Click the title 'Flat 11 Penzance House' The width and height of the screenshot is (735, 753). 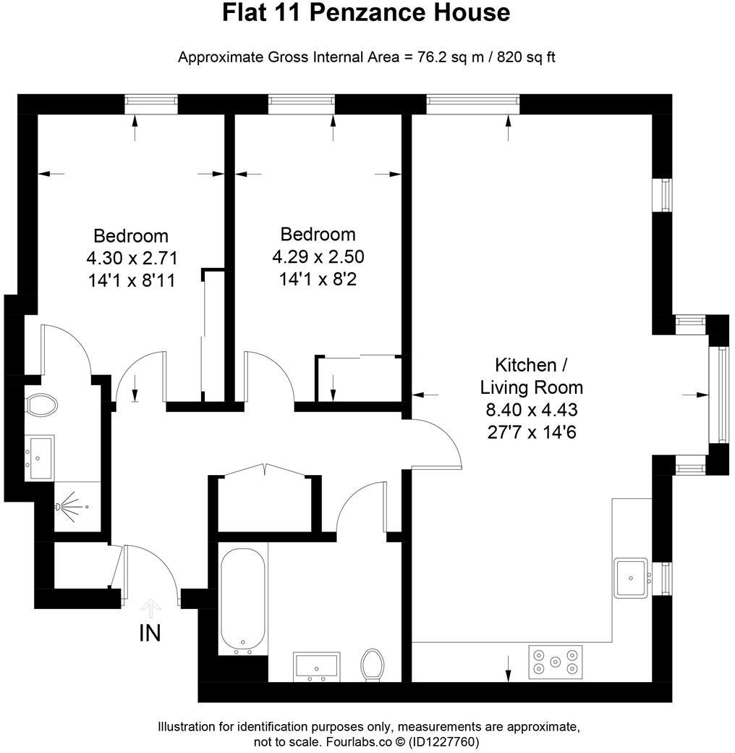366,13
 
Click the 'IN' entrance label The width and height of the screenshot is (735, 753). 150,634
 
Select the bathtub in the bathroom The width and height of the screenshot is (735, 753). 242,601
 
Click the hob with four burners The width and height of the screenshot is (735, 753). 556,660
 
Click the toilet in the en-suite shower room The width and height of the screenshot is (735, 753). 41,405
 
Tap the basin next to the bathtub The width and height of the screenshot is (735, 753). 316,666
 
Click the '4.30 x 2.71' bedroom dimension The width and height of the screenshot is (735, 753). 131,258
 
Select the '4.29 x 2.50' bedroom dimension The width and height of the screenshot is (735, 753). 318,256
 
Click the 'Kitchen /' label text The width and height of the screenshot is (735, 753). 525,365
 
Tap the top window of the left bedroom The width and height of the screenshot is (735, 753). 150,104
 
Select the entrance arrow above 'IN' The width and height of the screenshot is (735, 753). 150,607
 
